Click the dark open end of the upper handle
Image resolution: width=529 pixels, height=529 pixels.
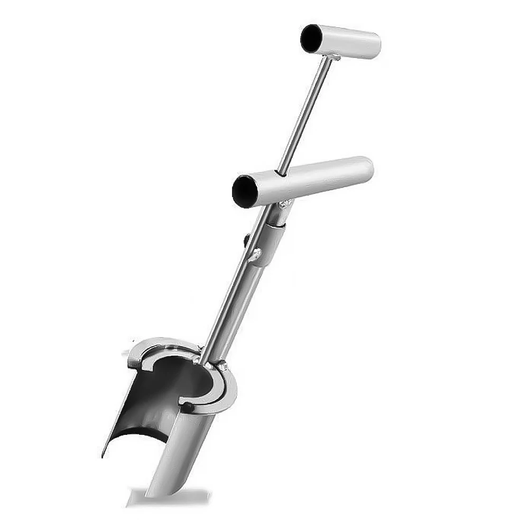pyautogui.click(x=312, y=38)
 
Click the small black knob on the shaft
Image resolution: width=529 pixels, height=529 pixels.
pyautogui.click(x=247, y=240)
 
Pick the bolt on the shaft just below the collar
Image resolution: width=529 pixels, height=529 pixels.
pyautogui.click(x=256, y=255)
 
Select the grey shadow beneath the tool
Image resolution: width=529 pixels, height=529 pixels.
pyautogui.click(x=169, y=497)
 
